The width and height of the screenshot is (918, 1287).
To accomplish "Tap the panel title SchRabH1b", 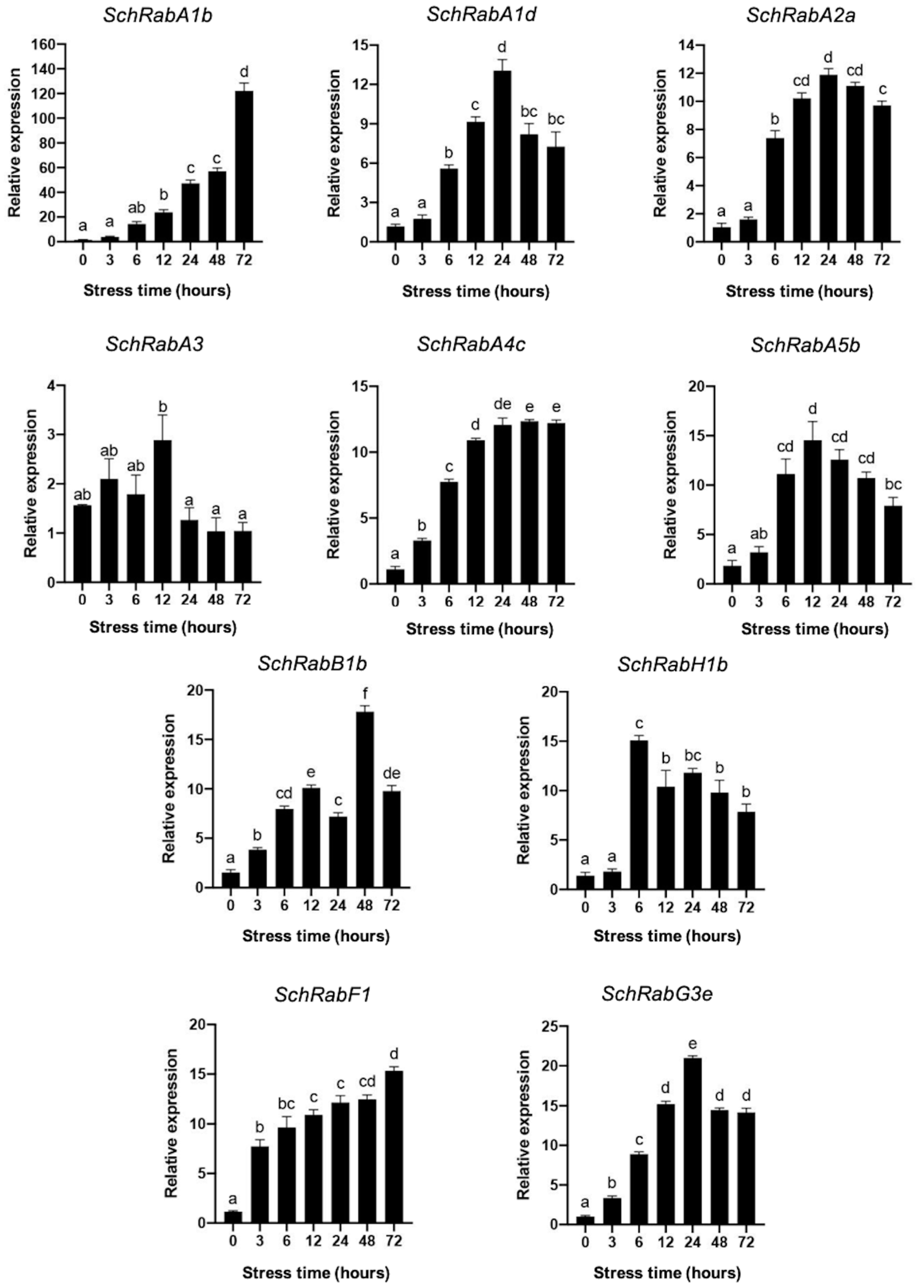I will click(672, 665).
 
